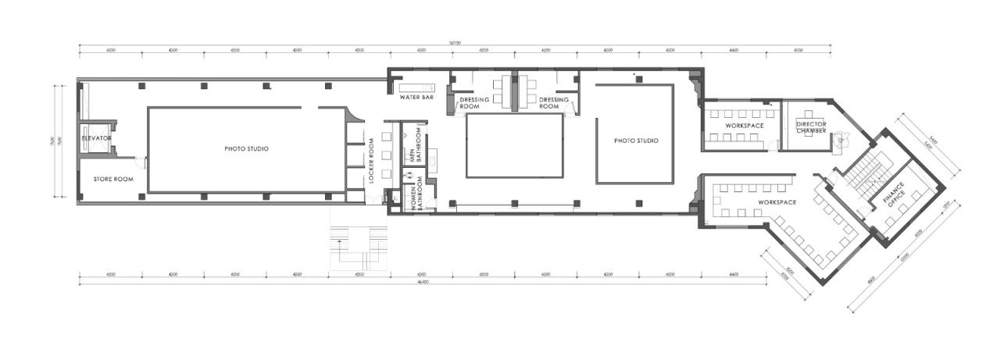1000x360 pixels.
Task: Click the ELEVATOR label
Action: [97, 138]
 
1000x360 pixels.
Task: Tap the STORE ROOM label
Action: [113, 179]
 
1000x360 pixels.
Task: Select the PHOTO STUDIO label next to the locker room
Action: [247, 148]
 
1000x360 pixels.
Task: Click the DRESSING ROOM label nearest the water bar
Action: [474, 103]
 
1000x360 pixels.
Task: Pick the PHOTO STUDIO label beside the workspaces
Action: [636, 141]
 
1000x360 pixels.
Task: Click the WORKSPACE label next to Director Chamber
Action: [744, 125]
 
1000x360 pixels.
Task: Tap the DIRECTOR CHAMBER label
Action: [810, 127]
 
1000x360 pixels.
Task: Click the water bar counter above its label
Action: [416, 86]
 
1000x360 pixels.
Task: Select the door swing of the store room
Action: [141, 162]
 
